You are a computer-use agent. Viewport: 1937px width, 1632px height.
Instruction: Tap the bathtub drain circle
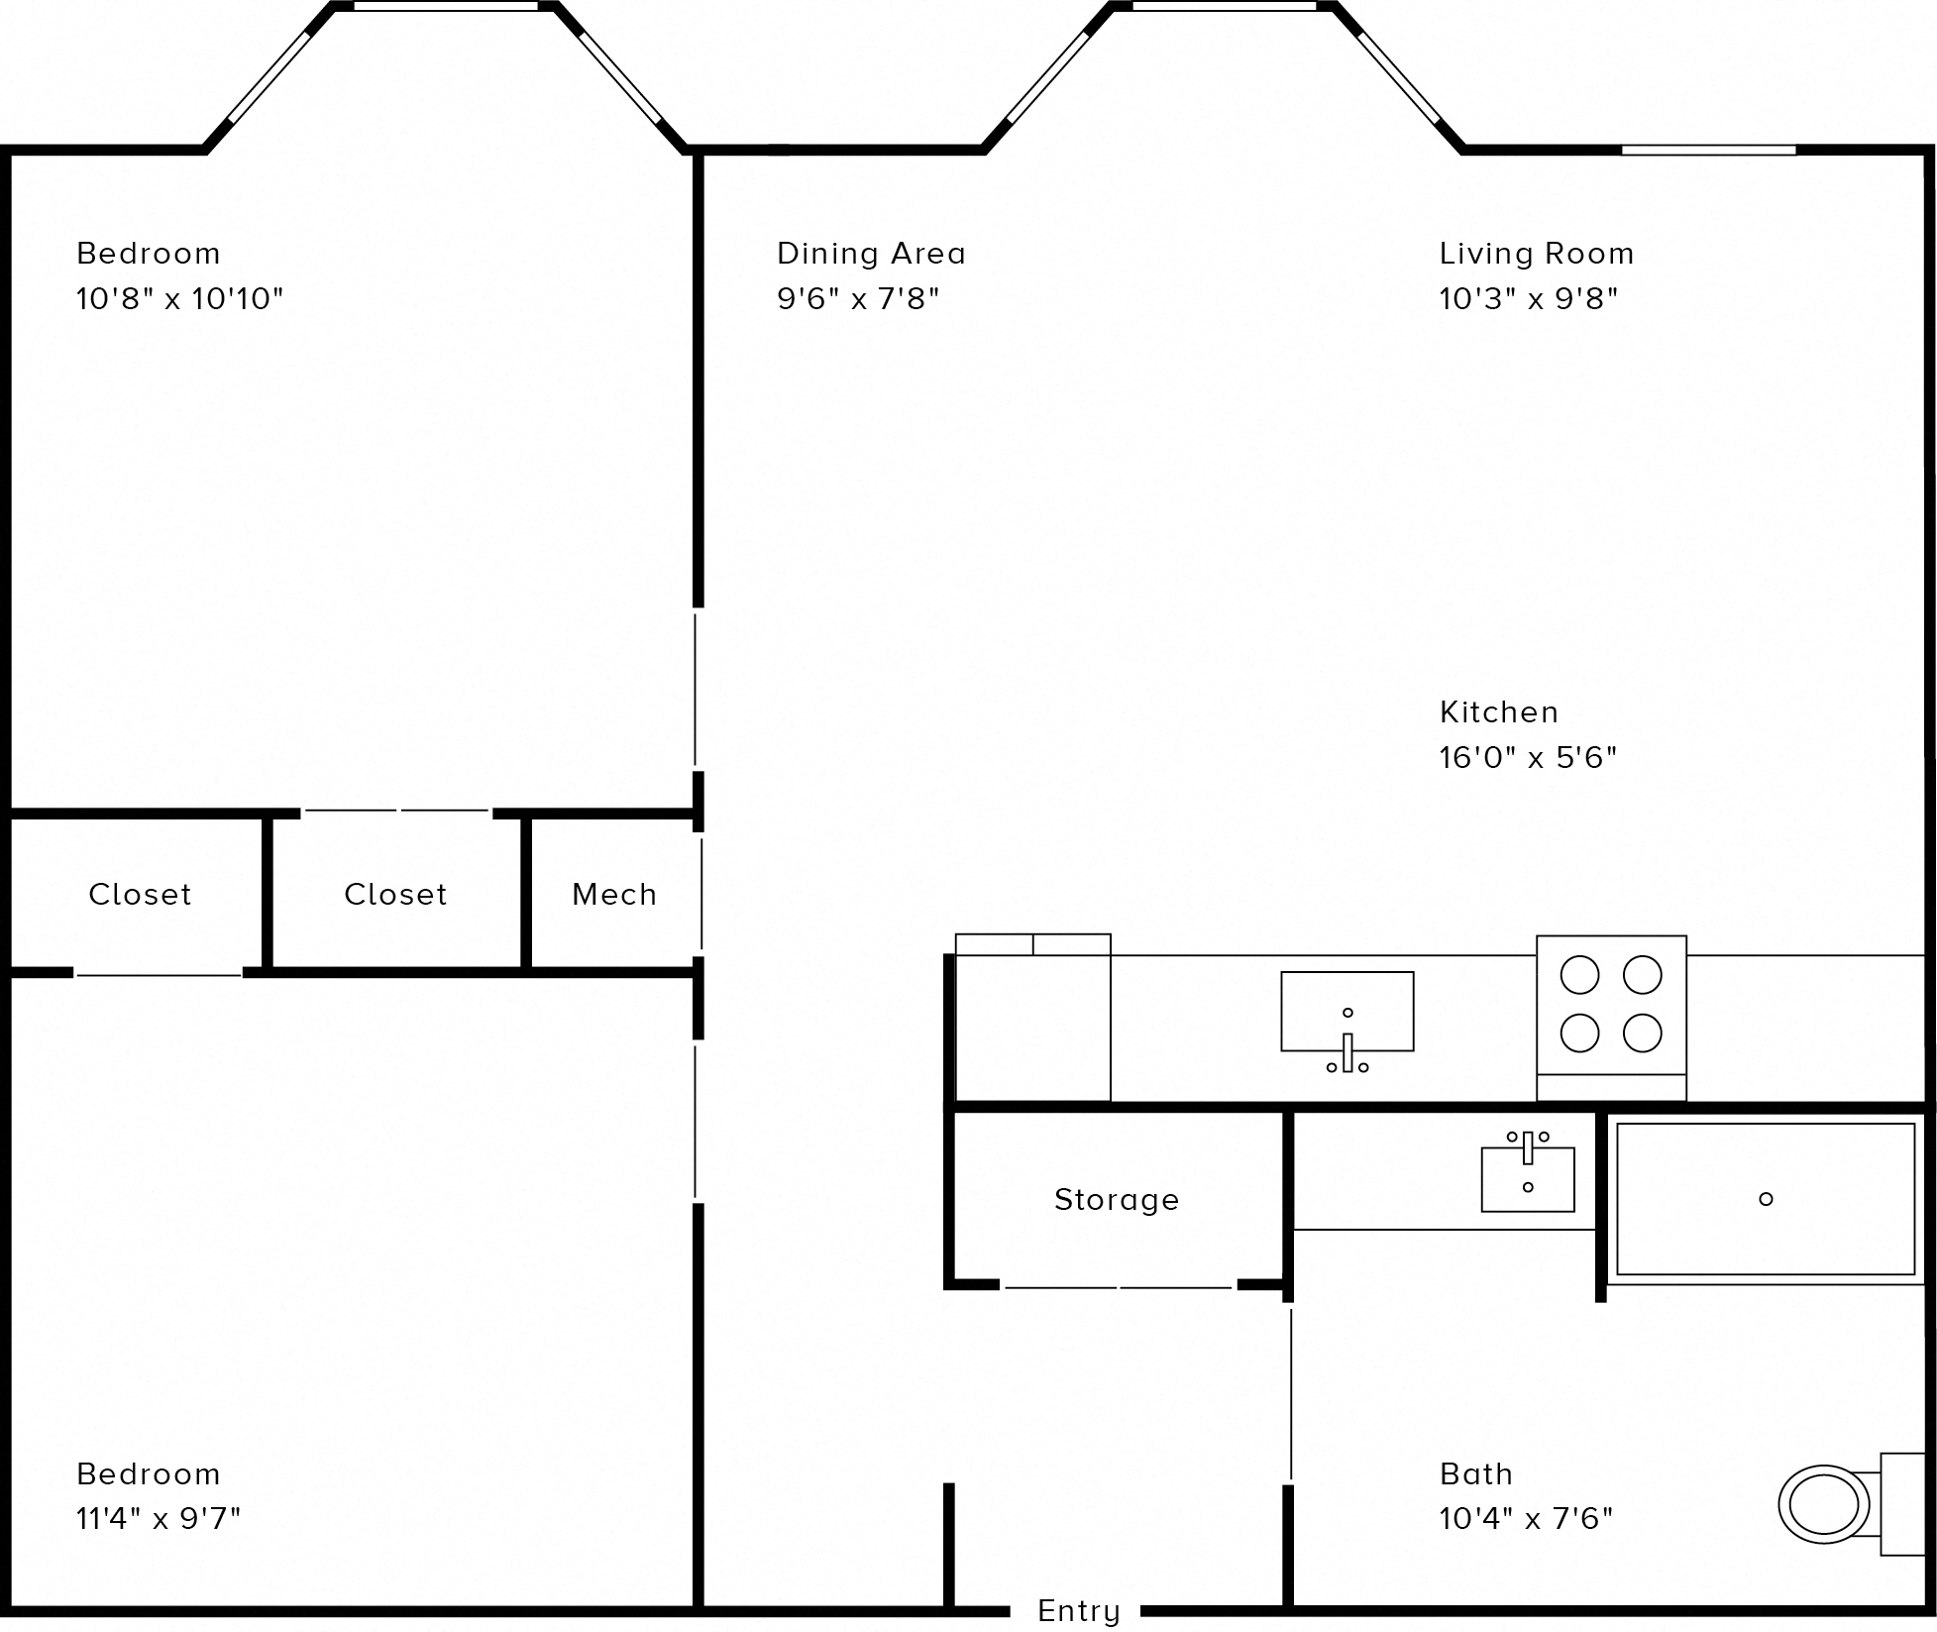point(1765,1199)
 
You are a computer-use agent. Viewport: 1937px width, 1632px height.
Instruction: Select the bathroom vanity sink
point(1527,1179)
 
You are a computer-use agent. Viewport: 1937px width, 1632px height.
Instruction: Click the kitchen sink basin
point(1346,1012)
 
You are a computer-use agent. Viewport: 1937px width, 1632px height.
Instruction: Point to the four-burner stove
point(1611,1004)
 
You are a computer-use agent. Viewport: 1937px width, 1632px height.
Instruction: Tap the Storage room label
point(1117,1200)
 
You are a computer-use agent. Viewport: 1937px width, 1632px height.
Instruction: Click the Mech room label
point(614,895)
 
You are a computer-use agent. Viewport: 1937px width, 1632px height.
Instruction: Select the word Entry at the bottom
point(1078,1610)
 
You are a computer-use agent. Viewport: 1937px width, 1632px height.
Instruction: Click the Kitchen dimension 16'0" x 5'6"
point(1528,758)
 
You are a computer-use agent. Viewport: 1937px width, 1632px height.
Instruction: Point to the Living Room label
point(1536,254)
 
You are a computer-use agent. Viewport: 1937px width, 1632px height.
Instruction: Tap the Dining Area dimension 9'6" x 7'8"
point(857,298)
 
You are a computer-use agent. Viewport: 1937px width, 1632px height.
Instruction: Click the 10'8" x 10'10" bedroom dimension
point(179,298)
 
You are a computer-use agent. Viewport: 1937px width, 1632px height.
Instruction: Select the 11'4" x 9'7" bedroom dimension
point(159,1518)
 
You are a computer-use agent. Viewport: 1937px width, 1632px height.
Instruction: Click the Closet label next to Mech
point(395,895)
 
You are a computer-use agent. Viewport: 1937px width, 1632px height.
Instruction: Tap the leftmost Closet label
point(140,895)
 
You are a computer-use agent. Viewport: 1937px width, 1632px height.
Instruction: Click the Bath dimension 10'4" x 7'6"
point(1526,1518)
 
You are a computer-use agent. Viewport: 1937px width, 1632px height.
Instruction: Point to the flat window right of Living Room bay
point(1708,151)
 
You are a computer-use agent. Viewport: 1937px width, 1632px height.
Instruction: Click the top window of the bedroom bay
point(446,7)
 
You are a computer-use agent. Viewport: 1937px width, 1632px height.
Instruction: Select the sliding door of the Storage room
point(1119,1287)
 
